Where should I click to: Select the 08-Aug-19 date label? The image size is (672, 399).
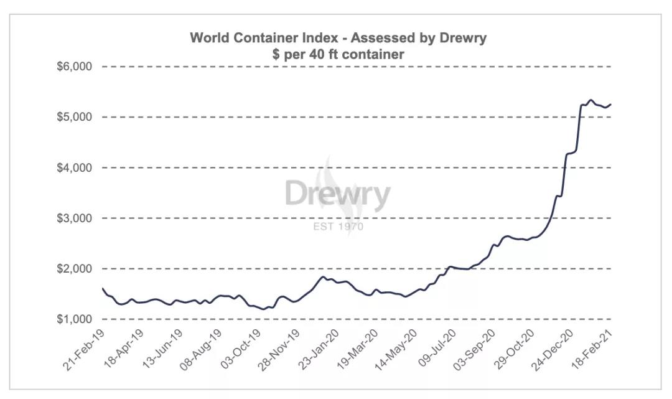(200, 347)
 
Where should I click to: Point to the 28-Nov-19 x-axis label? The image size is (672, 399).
(278, 347)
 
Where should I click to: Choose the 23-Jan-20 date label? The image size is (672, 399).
(317, 347)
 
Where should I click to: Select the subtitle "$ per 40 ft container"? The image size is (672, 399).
(338, 55)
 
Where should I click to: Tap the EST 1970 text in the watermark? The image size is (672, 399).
(338, 226)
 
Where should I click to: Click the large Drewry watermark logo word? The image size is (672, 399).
(338, 194)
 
